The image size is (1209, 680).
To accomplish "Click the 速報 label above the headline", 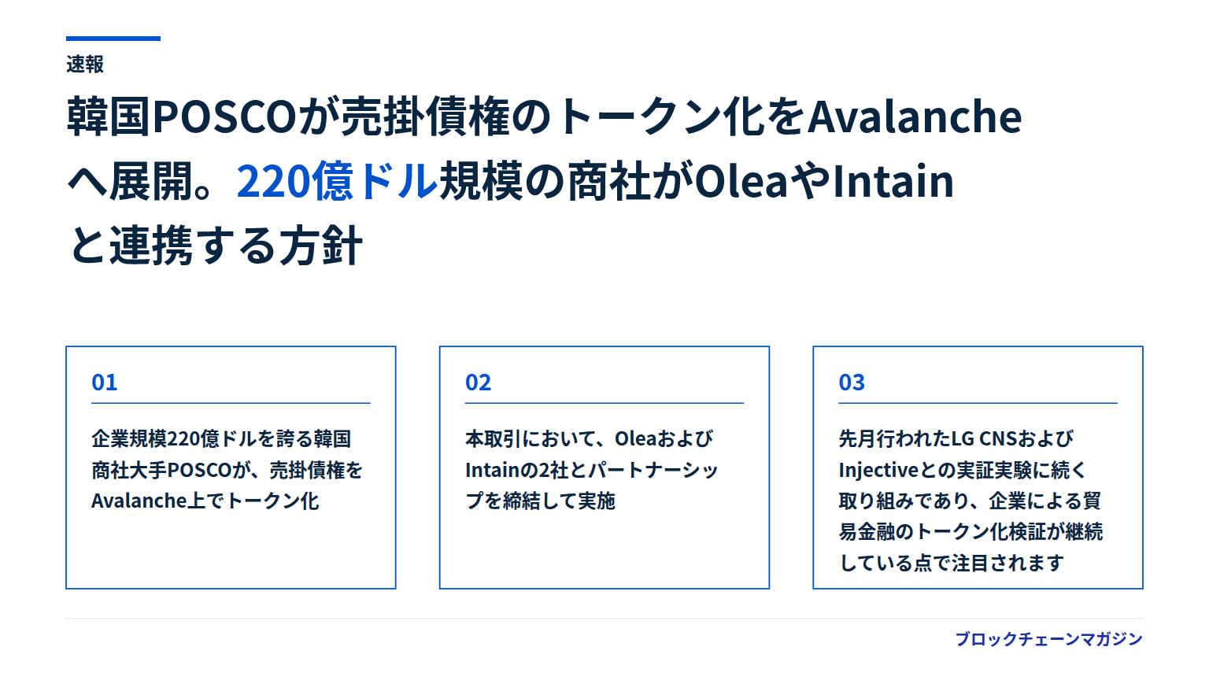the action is (x=85, y=65).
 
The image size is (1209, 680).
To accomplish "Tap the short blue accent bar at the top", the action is (x=113, y=39).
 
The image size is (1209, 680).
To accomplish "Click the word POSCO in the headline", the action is (x=225, y=116).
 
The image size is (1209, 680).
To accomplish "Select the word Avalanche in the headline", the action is (x=915, y=116).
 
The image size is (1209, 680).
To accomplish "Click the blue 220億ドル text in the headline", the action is (x=337, y=181).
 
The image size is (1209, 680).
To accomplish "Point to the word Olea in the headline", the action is (x=741, y=181).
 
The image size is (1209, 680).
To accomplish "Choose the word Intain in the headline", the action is (x=893, y=181).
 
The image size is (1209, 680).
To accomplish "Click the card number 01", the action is (x=104, y=382).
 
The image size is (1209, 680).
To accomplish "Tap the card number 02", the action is (x=479, y=382).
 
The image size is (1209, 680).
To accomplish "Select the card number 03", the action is (x=852, y=382).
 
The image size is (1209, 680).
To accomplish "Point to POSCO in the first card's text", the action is (x=199, y=470).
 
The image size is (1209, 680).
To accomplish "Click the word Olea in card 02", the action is (x=636, y=438).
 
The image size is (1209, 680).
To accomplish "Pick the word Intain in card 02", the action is (x=492, y=470).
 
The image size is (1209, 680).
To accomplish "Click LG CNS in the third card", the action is (x=984, y=438).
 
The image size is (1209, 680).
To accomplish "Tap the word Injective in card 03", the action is (x=878, y=470).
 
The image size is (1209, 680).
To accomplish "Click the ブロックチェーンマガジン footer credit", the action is (x=1048, y=639).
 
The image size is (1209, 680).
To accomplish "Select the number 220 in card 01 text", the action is (x=185, y=438).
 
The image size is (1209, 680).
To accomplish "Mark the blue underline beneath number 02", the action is (x=604, y=403).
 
